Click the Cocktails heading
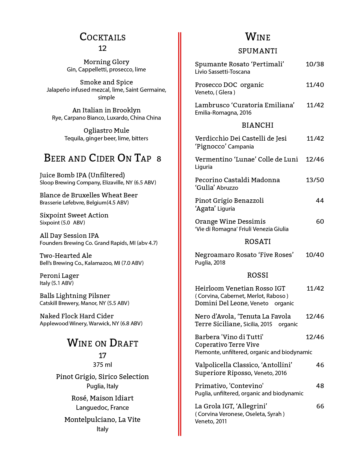102,37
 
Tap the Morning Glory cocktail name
106,62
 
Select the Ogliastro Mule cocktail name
106,130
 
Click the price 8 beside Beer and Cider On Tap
159,159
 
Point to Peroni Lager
59,276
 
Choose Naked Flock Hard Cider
77,316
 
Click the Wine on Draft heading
102,343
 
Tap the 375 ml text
102,365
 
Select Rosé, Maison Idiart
102,398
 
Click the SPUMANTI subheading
258,51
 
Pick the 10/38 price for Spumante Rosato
315,64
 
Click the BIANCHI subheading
258,125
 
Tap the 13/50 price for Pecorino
315,180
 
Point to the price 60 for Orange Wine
320,221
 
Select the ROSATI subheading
258,241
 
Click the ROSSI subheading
258,275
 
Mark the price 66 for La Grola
320,406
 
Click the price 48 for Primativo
320,386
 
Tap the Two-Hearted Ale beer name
66,256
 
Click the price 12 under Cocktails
102,48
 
